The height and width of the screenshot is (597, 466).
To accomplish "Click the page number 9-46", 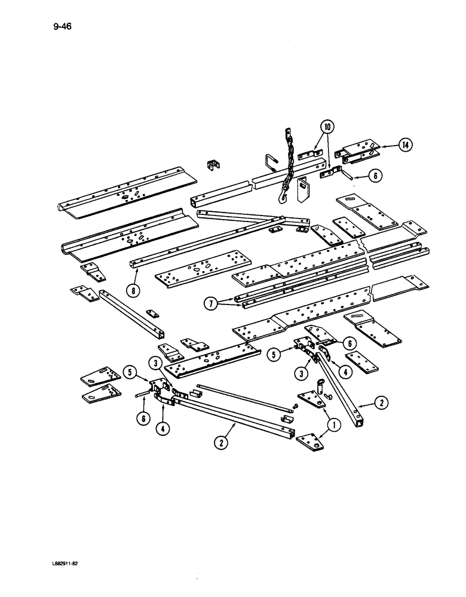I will (62, 27).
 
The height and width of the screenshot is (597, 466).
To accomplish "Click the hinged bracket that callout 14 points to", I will (357, 152).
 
